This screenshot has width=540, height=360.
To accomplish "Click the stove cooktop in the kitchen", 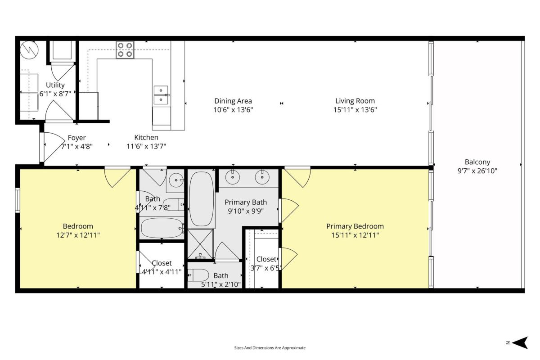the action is [x=125, y=49].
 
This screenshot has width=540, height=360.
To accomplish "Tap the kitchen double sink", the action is [x=161, y=95].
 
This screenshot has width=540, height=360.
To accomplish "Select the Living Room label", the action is [x=355, y=101].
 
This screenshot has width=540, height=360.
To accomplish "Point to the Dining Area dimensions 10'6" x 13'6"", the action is [x=233, y=110].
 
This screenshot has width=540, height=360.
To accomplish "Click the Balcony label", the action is [x=477, y=162].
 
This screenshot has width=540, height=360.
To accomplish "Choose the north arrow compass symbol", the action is [x=520, y=342].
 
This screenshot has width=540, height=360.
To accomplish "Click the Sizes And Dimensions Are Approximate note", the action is [x=270, y=348].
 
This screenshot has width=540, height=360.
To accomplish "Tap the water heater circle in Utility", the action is [x=29, y=50].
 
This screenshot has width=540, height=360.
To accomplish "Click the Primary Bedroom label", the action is [x=355, y=226].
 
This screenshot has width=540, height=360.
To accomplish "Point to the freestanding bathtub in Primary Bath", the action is [x=201, y=199].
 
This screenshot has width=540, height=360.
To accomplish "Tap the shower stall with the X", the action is [x=200, y=244].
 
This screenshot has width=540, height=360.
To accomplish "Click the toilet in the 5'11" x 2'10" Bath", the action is [x=198, y=275].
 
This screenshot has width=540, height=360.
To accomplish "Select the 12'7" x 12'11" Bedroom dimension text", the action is [x=78, y=235].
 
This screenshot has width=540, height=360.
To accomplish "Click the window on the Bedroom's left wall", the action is [x=18, y=200].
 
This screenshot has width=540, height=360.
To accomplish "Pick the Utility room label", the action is [x=55, y=85].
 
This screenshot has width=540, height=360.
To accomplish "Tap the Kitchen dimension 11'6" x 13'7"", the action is [x=146, y=146].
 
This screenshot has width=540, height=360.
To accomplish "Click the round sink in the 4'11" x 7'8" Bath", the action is [x=176, y=180].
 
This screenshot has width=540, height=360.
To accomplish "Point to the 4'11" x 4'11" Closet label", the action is [x=162, y=263].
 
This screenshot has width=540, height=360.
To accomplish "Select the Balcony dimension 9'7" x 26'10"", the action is [x=477, y=171].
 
